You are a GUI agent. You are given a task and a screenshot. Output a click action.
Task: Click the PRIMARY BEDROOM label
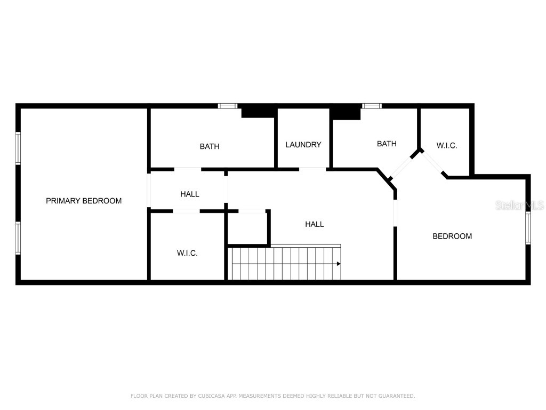tap(84, 201)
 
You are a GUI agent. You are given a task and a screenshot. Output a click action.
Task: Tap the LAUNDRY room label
tap(303, 144)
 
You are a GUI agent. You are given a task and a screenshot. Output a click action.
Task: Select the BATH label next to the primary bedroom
tap(210, 146)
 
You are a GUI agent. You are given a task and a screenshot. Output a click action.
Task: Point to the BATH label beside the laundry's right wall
tap(387, 144)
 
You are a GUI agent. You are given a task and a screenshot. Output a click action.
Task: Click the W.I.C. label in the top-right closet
tap(446, 145)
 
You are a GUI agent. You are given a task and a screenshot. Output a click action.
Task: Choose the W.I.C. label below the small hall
tap(187, 253)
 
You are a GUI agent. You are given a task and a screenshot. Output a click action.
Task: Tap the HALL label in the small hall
tap(189, 194)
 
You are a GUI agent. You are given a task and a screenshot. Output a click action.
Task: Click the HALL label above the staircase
tap(314, 224)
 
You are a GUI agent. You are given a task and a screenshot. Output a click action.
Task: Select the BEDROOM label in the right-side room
tap(452, 236)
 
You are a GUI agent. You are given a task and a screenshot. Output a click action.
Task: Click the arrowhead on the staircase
tap(339, 263)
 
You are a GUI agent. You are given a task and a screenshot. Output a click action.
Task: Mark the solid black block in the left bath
tap(258, 112)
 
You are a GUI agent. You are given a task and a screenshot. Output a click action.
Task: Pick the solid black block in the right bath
tap(346, 112)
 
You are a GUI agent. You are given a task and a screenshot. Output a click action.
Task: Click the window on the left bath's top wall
tap(228, 106)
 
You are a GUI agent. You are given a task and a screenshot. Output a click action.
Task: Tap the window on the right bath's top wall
tap(372, 106)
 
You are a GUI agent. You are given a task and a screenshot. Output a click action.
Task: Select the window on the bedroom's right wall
tap(528, 228)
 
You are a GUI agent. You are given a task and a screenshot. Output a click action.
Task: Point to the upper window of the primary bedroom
tap(18, 148)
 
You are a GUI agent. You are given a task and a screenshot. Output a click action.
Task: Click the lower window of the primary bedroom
tap(18, 238)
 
